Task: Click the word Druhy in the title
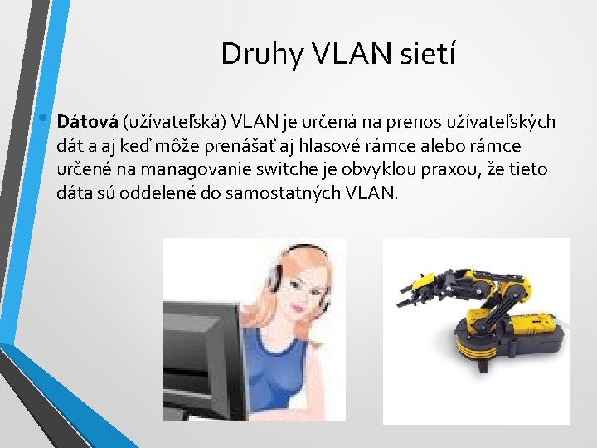pyautogui.click(x=254, y=55)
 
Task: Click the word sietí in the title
pyautogui.click(x=426, y=55)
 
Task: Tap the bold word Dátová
pyautogui.click(x=87, y=123)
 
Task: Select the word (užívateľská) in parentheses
pyautogui.click(x=174, y=123)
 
